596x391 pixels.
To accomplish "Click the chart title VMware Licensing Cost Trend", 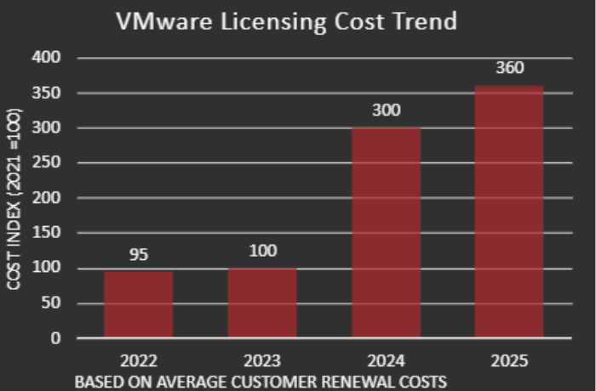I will (286, 21).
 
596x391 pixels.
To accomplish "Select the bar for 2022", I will (138, 304).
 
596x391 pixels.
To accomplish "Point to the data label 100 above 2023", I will (262, 252).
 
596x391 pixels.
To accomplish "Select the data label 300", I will (386, 111).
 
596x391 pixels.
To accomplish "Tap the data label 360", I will (509, 69).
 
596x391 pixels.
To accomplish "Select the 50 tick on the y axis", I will (54, 303).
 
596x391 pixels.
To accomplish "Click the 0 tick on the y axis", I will (57, 338).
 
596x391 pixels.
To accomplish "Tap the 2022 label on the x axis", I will (138, 361).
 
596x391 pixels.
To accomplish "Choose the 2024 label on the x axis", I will (386, 361).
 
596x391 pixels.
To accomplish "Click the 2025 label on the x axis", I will (509, 361).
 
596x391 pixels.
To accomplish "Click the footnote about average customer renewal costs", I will (261, 382).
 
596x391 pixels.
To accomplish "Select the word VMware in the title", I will (165, 21).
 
